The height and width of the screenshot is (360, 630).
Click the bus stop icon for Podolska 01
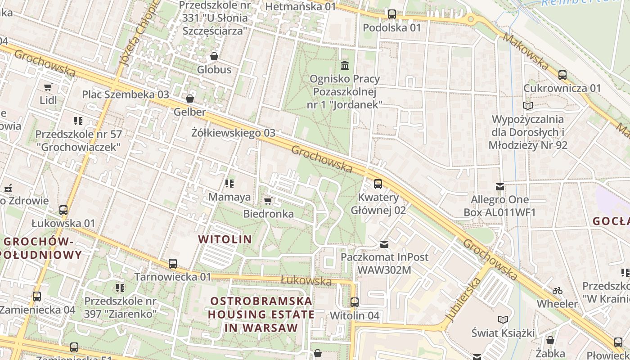391,14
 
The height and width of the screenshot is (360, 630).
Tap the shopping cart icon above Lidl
48,87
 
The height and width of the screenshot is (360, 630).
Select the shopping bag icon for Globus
214,56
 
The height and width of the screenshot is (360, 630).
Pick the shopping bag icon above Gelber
190,99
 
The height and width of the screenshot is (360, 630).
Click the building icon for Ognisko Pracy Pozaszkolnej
345,66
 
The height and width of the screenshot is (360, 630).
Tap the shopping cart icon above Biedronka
268,201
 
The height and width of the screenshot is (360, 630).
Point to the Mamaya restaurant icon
229,184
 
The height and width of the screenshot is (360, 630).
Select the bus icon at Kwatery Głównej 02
378,184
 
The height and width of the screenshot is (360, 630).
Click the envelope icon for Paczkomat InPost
384,244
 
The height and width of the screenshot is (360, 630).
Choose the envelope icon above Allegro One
499,186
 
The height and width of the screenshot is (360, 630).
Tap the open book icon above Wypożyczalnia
527,106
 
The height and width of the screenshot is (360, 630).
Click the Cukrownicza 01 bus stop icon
562,75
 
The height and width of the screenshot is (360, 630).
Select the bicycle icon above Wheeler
558,291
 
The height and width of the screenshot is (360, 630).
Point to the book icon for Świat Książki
503,319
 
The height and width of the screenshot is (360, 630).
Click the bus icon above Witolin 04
355,302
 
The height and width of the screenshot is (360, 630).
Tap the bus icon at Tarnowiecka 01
173,264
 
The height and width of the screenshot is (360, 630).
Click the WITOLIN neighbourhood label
225,239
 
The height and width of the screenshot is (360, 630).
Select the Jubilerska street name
463,300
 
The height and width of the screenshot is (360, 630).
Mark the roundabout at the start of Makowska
471,19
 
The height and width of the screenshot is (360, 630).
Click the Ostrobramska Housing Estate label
261,314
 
